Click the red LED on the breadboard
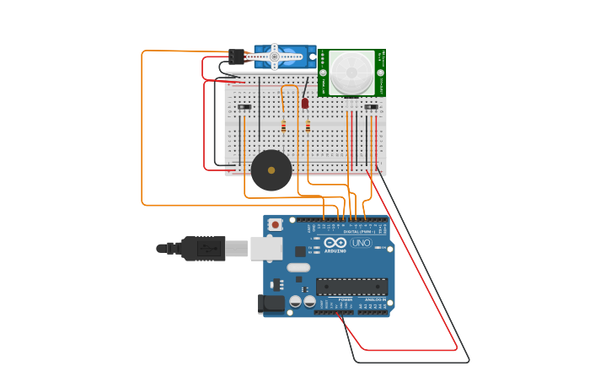pyautogui.click(x=305, y=103)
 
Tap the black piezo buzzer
pyautogui.click(x=271, y=170)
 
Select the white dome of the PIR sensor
pyautogui.click(x=351, y=71)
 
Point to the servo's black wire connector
pyautogui.click(x=237, y=56)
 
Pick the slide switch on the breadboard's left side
pyautogui.click(x=244, y=107)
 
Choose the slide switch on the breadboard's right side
pyautogui.click(x=371, y=107)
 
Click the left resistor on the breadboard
pyautogui.click(x=283, y=126)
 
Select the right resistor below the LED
pyautogui.click(x=308, y=126)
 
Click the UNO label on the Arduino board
pyautogui.click(x=362, y=243)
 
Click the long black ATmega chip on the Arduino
pyautogui.click(x=351, y=286)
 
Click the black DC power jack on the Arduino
pyautogui.click(x=272, y=303)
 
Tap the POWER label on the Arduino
pyautogui.click(x=346, y=299)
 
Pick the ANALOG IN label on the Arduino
pyautogui.click(x=375, y=299)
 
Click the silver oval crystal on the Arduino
pyautogui.click(x=298, y=267)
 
